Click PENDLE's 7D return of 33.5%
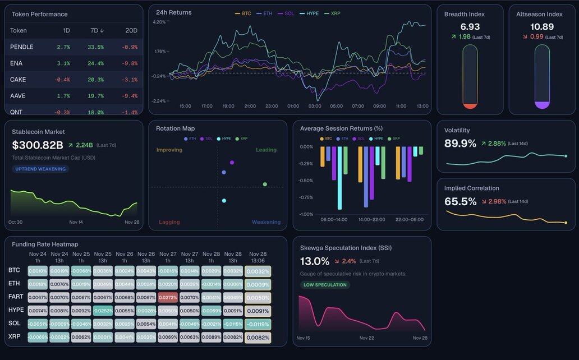tap(95, 47)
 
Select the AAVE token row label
tap(18, 96)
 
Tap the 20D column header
tap(130, 31)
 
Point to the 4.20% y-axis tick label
tap(159, 22)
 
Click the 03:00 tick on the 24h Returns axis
tap(315, 106)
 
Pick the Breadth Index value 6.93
tap(470, 27)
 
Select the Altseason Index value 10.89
tap(542, 27)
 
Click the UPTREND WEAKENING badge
tap(40, 169)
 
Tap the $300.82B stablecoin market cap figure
tap(38, 145)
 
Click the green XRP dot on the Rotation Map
tap(265, 184)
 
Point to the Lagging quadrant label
tap(169, 222)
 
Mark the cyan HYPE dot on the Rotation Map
tap(224, 201)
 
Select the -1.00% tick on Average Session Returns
tap(306, 214)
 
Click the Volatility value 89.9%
tap(460, 144)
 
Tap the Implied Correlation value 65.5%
tap(460, 201)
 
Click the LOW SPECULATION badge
tap(325, 285)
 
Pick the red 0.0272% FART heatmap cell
tap(168, 297)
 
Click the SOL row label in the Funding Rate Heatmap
tap(15, 324)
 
